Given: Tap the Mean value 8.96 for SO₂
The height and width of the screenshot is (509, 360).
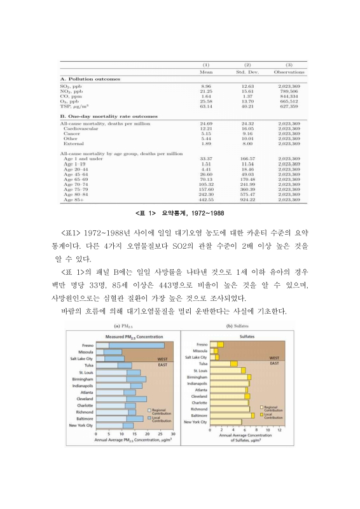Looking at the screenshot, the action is pyautogui.click(x=205, y=86).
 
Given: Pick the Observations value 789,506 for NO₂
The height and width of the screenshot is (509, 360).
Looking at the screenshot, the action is pyautogui.click(x=289, y=91).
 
